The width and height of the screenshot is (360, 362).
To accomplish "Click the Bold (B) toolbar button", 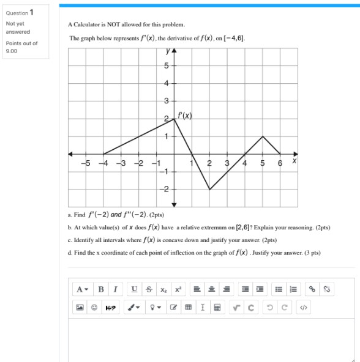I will click(x=100, y=289).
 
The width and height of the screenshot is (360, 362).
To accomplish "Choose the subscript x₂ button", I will click(x=164, y=289).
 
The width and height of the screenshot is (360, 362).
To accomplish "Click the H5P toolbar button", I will click(x=110, y=308).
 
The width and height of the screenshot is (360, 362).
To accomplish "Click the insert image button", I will click(x=80, y=308).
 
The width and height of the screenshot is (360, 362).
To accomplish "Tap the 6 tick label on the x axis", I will click(x=280, y=163).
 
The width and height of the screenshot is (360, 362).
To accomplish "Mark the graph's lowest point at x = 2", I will click(x=209, y=190).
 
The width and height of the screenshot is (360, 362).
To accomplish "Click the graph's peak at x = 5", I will click(x=263, y=136).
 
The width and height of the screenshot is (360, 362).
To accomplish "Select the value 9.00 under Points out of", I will click(x=12, y=51).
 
